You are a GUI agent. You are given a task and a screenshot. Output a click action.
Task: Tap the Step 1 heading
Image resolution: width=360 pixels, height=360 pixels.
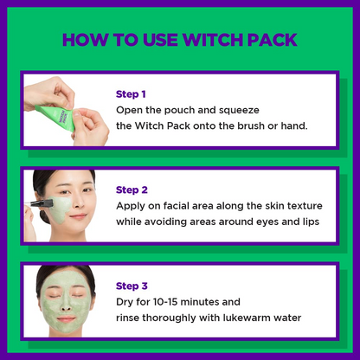[131, 94]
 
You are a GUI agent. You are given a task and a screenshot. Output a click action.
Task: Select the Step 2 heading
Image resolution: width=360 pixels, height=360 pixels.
[132, 190]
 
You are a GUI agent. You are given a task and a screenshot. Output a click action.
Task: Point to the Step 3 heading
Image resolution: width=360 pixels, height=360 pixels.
[132, 286]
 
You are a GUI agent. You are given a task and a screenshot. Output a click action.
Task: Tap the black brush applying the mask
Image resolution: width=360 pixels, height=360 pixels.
[42, 203]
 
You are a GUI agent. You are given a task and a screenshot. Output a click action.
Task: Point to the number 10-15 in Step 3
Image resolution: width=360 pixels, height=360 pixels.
[165, 302]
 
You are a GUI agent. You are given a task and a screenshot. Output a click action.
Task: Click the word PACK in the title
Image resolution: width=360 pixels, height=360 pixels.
[272, 40]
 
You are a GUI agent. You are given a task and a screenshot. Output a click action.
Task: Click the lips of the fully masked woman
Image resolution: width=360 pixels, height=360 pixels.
[67, 318]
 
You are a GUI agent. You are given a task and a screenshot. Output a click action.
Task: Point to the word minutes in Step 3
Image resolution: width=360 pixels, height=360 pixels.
[196, 302]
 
